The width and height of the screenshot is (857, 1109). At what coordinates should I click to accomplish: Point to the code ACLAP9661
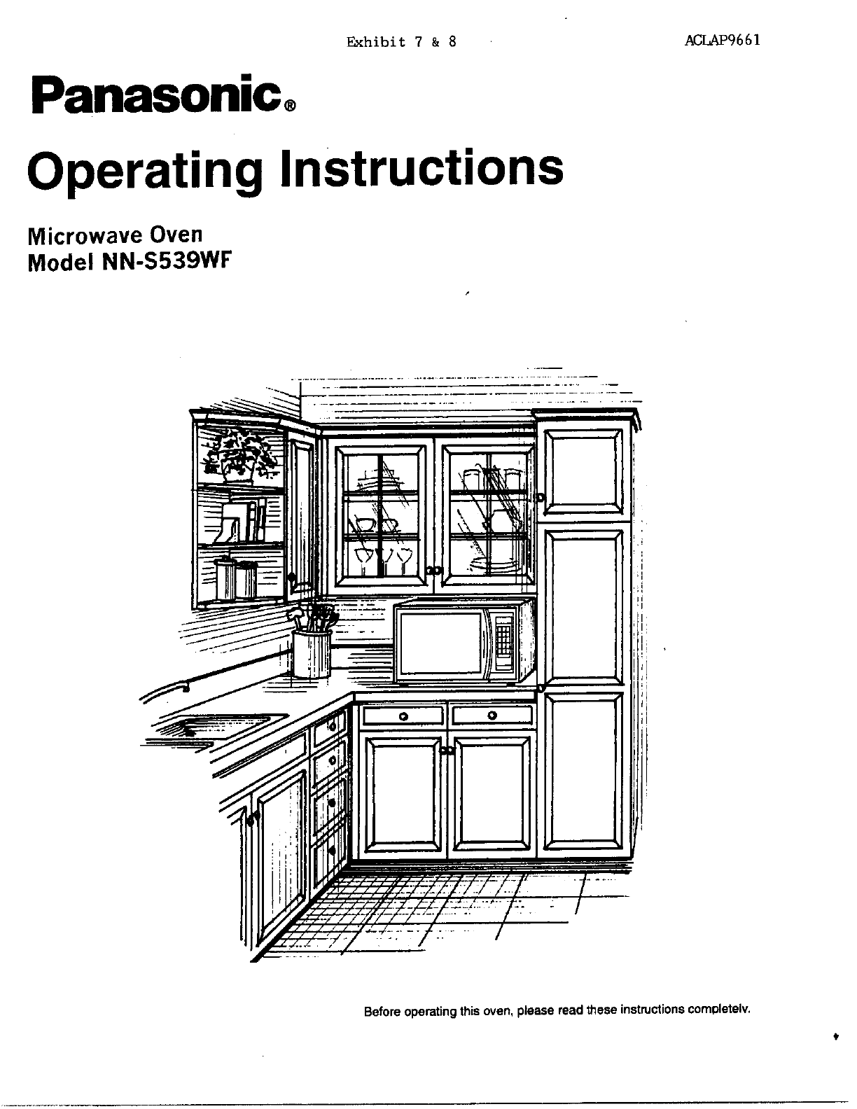(x=722, y=39)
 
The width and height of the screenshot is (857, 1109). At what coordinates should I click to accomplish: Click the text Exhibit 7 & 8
(x=401, y=41)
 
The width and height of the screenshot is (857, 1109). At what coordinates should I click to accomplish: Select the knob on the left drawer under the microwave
(x=403, y=716)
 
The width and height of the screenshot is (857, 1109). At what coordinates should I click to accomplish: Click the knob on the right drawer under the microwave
(x=492, y=716)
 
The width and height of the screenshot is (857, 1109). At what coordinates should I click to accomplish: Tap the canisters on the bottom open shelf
(x=237, y=578)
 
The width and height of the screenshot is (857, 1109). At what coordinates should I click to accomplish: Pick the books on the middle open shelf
(x=242, y=522)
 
